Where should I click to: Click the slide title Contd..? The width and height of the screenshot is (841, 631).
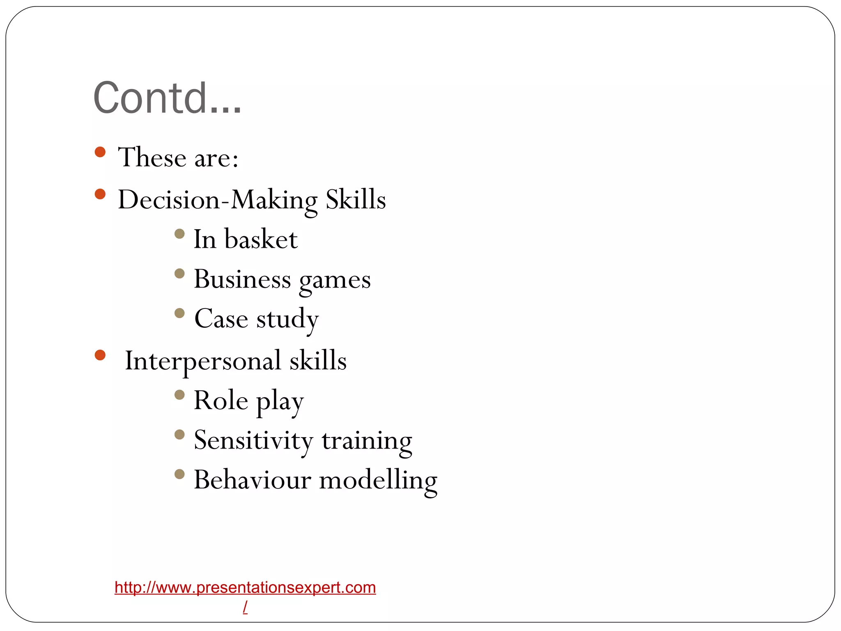(167, 98)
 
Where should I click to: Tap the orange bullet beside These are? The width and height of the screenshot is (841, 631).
(100, 152)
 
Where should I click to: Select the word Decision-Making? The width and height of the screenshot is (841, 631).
(217, 200)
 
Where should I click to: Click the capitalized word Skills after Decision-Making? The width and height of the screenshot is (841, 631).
(356, 200)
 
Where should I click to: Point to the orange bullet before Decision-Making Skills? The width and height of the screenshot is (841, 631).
(100, 194)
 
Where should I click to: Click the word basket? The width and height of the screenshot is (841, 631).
(261, 239)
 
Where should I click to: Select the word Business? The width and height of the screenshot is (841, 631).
(242, 279)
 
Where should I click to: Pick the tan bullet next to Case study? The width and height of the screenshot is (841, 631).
(179, 313)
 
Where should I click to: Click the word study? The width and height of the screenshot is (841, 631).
(287, 319)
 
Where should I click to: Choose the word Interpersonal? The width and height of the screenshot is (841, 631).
(203, 361)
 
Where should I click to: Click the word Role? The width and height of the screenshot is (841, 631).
(221, 400)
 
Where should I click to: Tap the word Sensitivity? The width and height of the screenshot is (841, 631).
(253, 440)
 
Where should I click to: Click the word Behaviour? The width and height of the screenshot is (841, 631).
(252, 480)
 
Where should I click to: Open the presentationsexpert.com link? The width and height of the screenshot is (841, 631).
(245, 588)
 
